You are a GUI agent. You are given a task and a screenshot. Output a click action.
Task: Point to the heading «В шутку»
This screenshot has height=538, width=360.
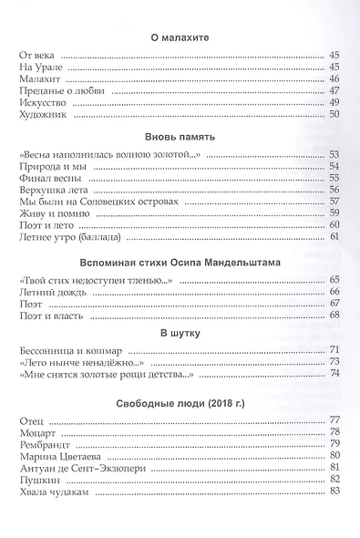point(179,331)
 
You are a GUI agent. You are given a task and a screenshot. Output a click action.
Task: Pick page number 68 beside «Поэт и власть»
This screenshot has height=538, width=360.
point(334,316)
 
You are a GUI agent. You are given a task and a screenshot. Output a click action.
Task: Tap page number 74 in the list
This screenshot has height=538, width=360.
point(334,374)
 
